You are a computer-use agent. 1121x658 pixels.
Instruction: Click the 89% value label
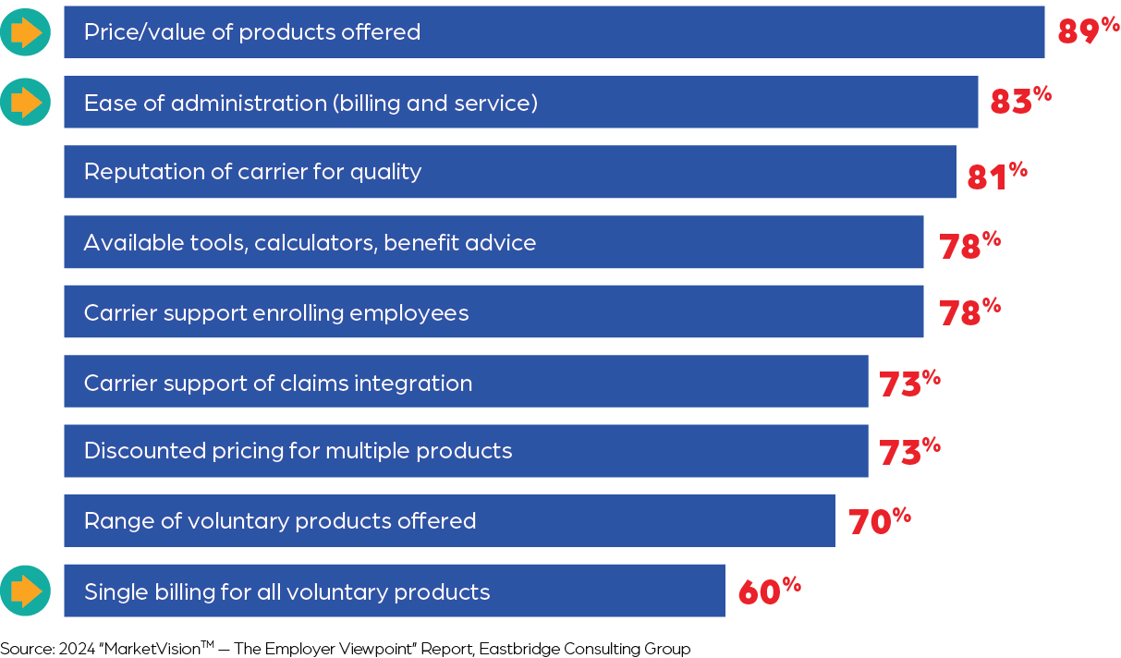(x=1088, y=30)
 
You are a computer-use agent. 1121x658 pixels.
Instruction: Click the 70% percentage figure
(x=879, y=521)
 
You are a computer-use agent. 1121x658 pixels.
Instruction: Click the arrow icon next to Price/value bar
(x=25, y=32)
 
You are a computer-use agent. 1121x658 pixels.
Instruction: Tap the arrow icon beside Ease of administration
(x=25, y=102)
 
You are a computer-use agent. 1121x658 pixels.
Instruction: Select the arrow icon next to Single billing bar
(x=25, y=591)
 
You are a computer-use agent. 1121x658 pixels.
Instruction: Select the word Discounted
(x=140, y=451)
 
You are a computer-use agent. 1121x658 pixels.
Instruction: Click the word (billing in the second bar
(x=367, y=103)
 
